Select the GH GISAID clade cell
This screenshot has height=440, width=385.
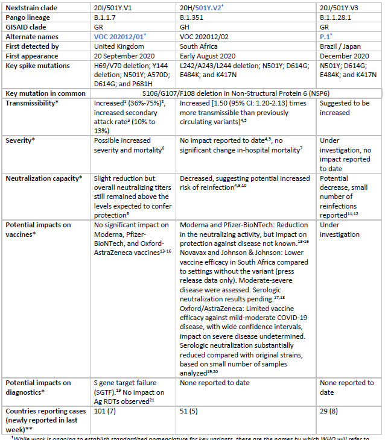tap(186, 28)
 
